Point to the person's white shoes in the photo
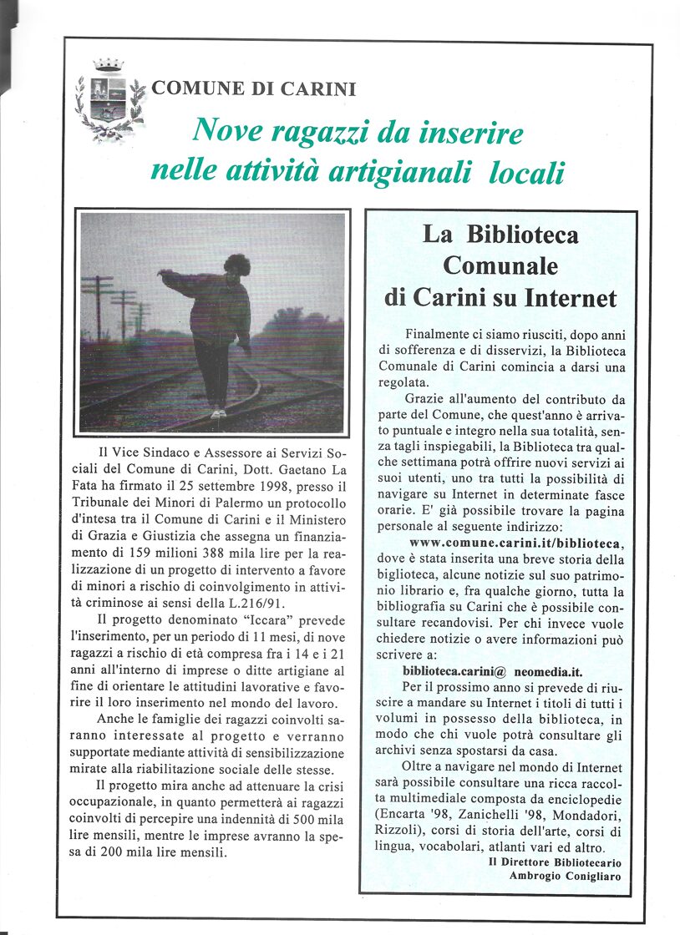point(219,412)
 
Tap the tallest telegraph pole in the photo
point(98,306)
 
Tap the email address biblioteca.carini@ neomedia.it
point(492,671)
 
